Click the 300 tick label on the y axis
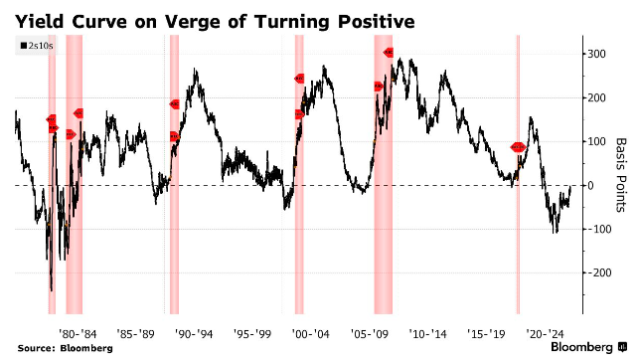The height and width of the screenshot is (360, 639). tap(596, 55)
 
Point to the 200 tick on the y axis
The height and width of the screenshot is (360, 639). tap(596, 97)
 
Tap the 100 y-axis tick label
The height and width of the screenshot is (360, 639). tap(596, 142)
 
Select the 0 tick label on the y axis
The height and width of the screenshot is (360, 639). tap(590, 186)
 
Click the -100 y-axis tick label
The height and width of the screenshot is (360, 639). tap(597, 229)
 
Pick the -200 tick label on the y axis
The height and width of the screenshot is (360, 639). tap(597, 272)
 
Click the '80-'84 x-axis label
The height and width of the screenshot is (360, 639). tap(78, 334)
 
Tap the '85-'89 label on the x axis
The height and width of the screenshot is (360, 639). tap(136, 334)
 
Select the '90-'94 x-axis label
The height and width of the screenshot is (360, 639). tap(194, 334)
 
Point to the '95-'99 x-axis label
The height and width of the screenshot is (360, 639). tap(252, 334)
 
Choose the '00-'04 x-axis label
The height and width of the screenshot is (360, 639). tap(310, 334)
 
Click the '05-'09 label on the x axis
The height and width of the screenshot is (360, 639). tap(370, 334)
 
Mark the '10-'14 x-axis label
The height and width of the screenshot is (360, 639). tap(427, 334)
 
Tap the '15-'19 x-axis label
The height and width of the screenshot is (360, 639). tap(486, 334)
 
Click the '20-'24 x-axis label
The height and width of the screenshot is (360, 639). tap(545, 334)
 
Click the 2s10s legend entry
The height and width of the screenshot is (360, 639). tap(37, 46)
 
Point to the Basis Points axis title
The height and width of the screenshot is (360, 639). tap(620, 175)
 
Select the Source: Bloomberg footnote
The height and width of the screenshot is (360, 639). tap(65, 349)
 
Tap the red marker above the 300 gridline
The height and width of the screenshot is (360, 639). tap(389, 52)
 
